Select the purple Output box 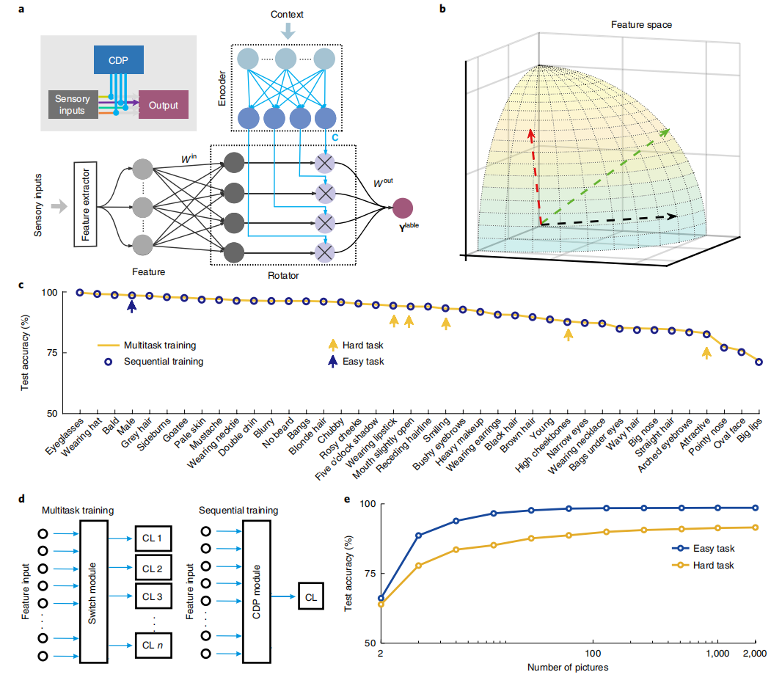tap(163, 104)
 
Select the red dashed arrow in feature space tap(533, 176)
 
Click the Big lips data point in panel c tap(759, 362)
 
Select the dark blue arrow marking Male tap(131, 306)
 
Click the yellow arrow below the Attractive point tap(706, 353)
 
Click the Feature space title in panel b tap(641, 25)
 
